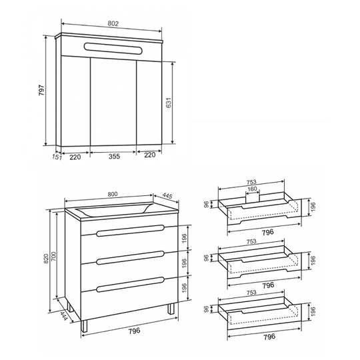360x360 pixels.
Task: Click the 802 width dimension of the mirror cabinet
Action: coord(113,23)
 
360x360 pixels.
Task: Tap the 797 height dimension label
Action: coord(41,90)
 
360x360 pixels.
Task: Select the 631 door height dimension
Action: coord(169,103)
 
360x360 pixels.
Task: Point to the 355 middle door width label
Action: coord(114,157)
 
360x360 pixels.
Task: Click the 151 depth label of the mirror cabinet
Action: coord(57,157)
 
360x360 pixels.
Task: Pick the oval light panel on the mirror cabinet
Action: coord(113,49)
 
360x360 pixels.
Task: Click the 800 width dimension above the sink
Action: coord(113,194)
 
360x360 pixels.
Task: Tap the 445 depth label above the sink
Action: coord(167,195)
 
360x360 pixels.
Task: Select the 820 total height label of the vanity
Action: coord(46,259)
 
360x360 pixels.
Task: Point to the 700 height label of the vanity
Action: coord(53,256)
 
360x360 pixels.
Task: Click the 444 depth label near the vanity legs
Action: coord(63,316)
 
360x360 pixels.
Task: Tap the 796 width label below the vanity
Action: coord(134,331)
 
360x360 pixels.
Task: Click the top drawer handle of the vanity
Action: coord(131,231)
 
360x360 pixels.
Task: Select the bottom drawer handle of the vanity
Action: coord(131,284)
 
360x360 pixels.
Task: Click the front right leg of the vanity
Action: coord(171,309)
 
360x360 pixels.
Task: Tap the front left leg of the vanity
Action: coord(84,326)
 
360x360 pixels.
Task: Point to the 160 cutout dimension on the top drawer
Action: coord(252,189)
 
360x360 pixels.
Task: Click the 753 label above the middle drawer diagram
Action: coord(251,241)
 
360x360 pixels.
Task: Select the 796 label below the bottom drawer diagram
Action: coord(269,337)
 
